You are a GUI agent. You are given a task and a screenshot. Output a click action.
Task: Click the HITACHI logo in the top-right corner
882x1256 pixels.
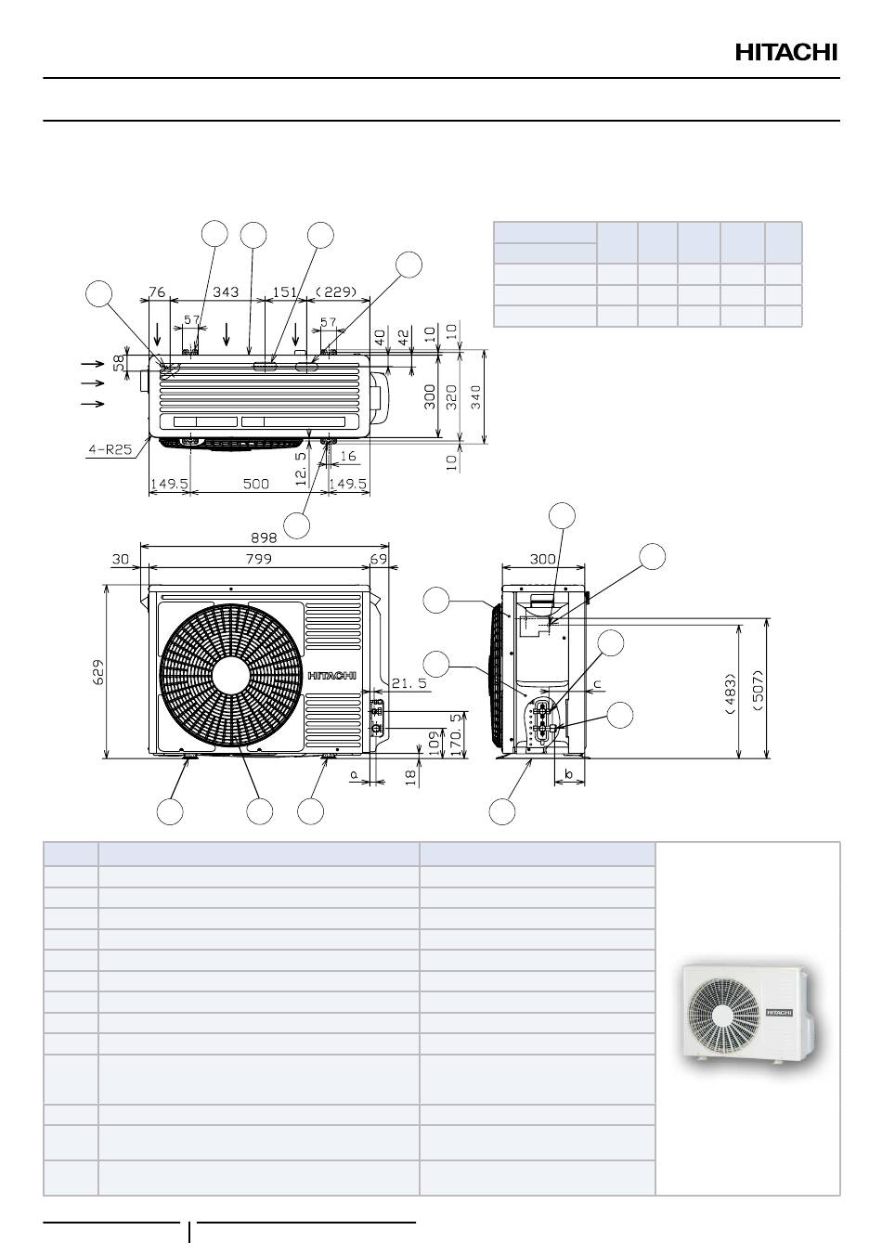tap(786, 52)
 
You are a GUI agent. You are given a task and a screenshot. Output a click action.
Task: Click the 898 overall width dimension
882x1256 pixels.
tap(264, 537)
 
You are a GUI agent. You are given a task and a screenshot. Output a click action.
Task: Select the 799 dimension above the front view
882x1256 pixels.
tap(258, 559)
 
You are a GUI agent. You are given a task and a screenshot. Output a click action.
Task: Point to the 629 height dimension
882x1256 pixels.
tap(97, 672)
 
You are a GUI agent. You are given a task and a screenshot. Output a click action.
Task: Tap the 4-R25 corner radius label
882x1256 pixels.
tap(110, 449)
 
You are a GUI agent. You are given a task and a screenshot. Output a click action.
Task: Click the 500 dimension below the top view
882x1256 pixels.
tap(255, 484)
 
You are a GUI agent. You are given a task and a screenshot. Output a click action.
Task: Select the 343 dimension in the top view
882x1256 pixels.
tap(226, 291)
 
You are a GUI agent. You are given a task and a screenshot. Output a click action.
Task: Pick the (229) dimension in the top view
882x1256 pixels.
tap(336, 291)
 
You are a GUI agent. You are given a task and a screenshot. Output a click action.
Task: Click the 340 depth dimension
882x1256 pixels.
tap(475, 397)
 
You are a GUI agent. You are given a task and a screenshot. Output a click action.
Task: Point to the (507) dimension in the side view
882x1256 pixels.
tap(759, 691)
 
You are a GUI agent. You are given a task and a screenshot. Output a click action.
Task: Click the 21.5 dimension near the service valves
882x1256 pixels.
tap(409, 683)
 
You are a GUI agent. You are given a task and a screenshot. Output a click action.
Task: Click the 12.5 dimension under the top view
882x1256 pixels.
tap(301, 468)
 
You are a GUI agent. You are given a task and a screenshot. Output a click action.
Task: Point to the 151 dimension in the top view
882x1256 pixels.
tap(284, 291)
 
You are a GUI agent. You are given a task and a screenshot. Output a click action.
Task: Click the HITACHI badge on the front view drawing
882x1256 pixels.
tap(332, 676)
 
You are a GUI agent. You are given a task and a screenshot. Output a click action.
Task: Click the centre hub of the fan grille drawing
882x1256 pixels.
tap(231, 675)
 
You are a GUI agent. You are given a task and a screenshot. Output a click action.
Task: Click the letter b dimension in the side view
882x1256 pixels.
tap(568, 774)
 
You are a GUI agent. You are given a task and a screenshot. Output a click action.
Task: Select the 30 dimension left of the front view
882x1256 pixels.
tap(121, 559)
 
